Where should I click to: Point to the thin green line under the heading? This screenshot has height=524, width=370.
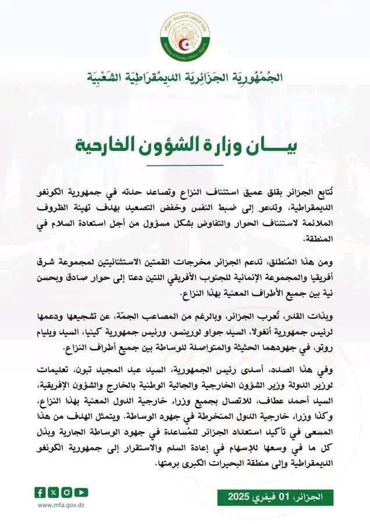click(x=185, y=165)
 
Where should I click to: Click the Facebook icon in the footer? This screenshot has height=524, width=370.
click(x=40, y=493)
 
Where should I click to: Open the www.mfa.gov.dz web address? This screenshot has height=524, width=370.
click(x=61, y=505)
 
